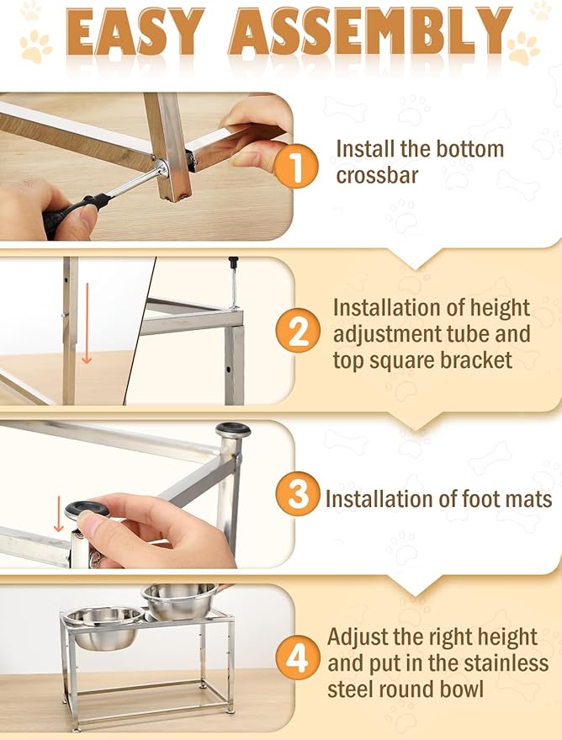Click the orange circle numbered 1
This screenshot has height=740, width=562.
tap(295, 166)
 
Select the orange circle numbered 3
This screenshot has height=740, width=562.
tap(298, 493)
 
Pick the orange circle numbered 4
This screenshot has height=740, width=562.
tap(298, 657)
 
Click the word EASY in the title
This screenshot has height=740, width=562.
tap(135, 32)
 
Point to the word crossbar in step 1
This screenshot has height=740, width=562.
tap(377, 176)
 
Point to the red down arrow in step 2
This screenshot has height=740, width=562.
tap(87, 323)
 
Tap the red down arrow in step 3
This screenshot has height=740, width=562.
tap(58, 514)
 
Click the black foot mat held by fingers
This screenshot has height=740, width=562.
tap(87, 508)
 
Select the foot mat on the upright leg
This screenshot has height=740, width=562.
tap(233, 429)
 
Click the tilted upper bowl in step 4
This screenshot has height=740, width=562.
tap(180, 601)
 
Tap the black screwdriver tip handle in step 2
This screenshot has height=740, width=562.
tap(233, 263)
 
